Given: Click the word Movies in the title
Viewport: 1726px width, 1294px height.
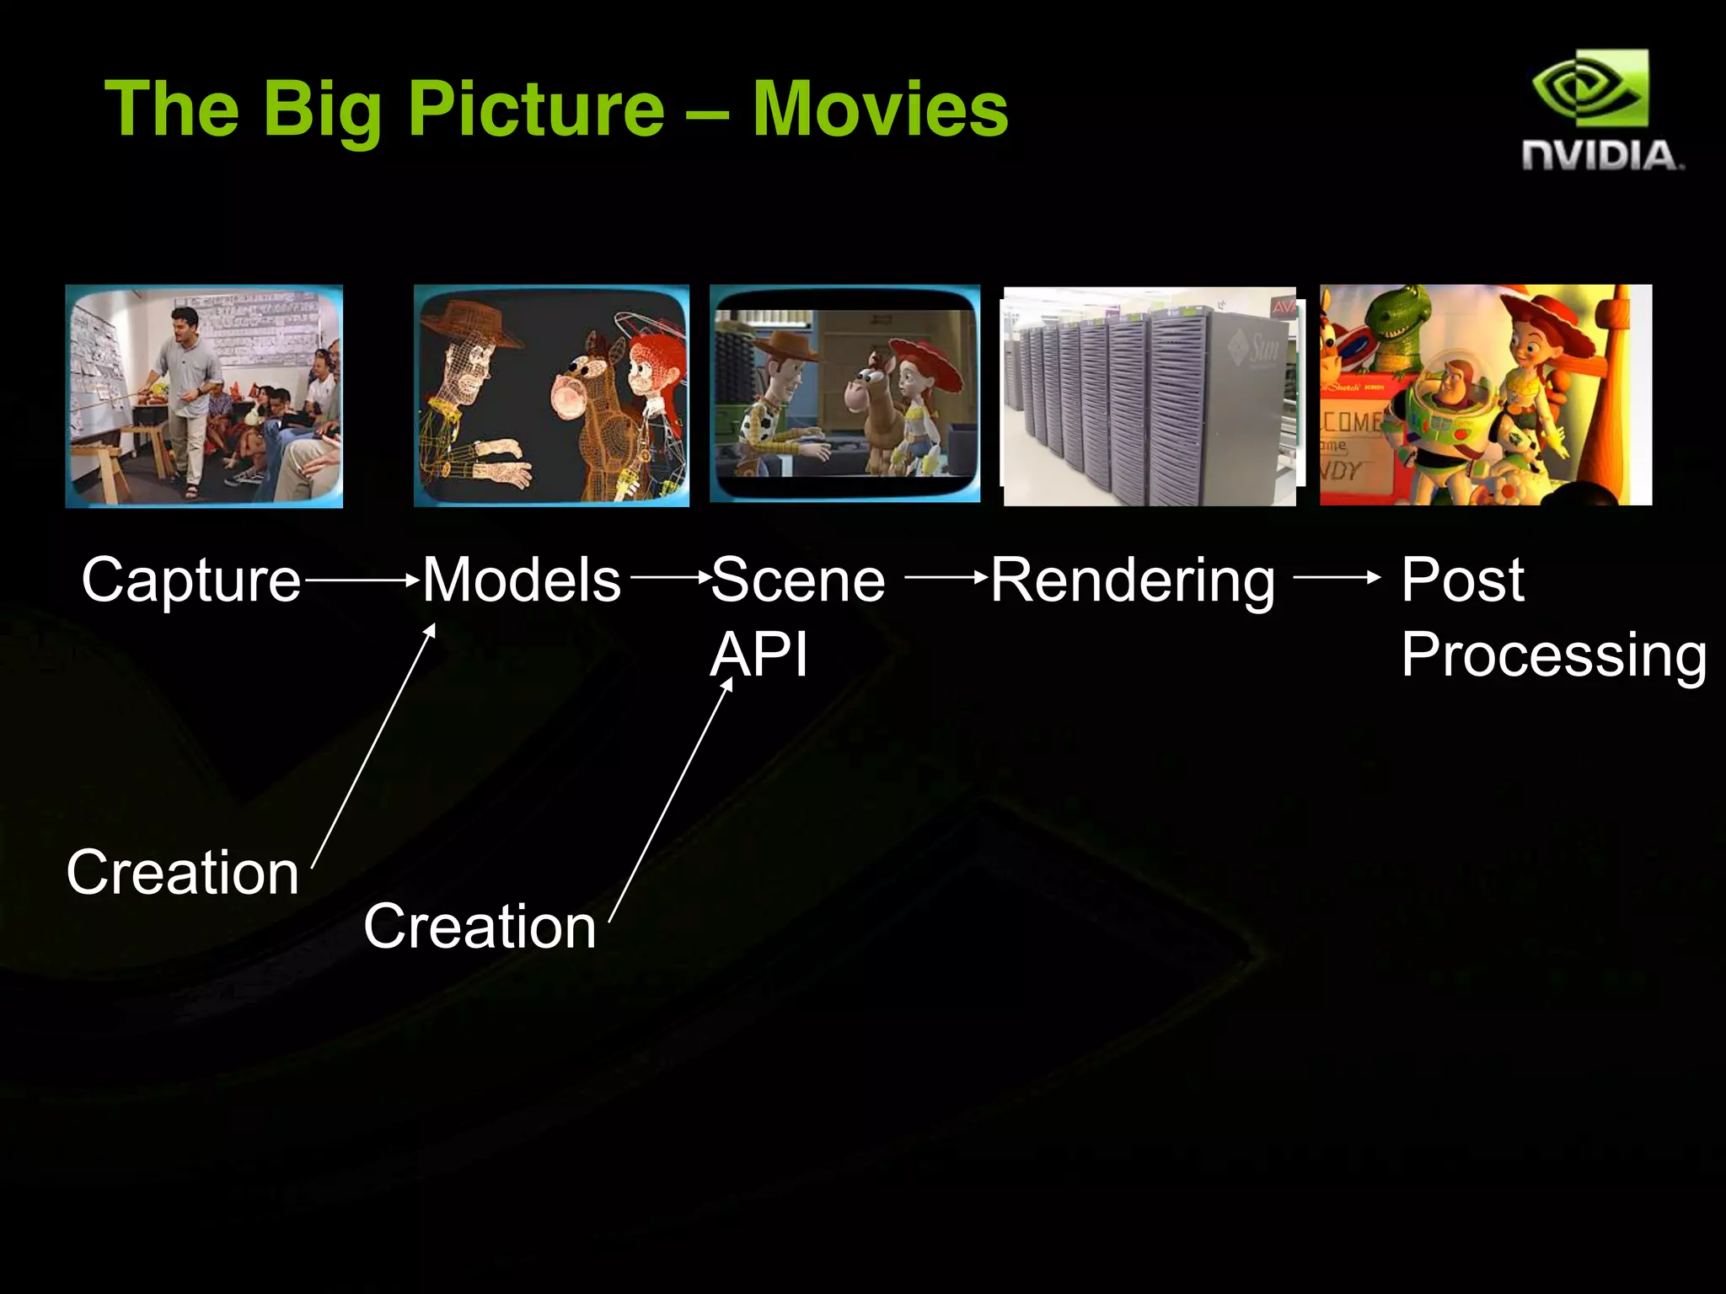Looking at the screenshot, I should [x=880, y=110].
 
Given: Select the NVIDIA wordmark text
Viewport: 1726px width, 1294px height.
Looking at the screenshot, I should [x=1602, y=157].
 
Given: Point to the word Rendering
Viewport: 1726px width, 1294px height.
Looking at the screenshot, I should [x=1133, y=581].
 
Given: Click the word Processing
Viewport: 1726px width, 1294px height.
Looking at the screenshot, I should [x=1553, y=655].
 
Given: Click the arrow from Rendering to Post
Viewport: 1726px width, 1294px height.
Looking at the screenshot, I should [x=1337, y=578].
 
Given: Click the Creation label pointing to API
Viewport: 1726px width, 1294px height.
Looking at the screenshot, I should [x=480, y=926].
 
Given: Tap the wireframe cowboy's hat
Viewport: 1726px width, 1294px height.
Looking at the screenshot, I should [x=469, y=323].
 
